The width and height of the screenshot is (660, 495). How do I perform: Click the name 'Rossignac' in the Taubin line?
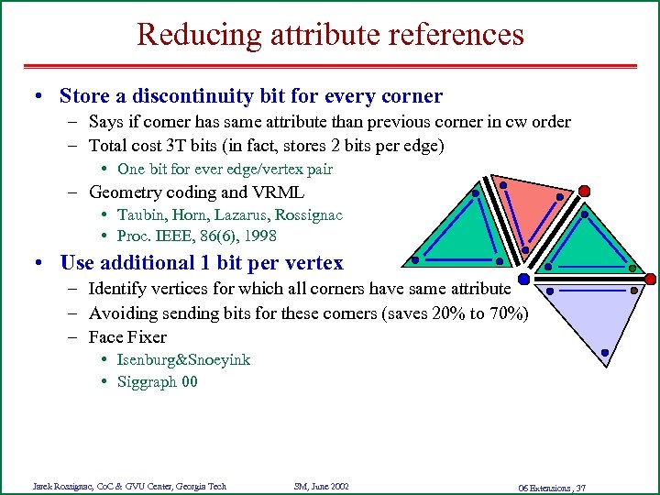[x=308, y=214]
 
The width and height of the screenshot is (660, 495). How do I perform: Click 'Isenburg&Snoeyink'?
[x=183, y=359]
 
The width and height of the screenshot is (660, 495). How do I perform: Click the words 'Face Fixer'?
[x=127, y=336]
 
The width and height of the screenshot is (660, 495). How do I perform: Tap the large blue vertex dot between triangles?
[x=523, y=278]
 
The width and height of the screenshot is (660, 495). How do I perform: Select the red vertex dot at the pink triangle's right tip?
[x=584, y=191]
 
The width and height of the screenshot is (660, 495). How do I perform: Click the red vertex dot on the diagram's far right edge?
[x=650, y=279]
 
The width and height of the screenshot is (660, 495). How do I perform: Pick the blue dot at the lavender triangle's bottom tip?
[x=605, y=353]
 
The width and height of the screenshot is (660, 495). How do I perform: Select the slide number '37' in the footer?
[x=580, y=486]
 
